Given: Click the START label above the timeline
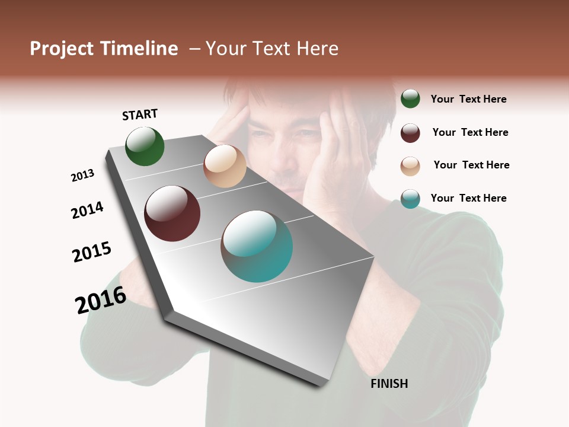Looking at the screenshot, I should pos(140,114).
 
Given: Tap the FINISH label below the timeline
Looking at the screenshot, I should pos(389,384).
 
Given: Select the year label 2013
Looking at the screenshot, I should pos(82,176).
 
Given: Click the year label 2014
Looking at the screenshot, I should pos(87,210).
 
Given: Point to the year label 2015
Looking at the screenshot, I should pos(92,252).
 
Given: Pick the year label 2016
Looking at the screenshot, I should pos(101,300).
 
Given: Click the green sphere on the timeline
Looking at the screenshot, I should pos(145,146).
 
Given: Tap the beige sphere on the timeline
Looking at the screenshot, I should pos(225,166).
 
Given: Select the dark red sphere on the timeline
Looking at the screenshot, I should pos(172,213).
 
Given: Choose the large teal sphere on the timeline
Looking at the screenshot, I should pos(257,246).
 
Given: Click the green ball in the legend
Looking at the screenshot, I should pos(410,98).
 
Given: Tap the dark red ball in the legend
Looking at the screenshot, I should pos(410,132).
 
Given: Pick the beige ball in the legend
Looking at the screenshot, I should pos(410,165).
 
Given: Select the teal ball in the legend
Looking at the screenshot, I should pos(410,199).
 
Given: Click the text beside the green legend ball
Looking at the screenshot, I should pos(468,99).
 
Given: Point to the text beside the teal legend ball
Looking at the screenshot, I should pos(468,198).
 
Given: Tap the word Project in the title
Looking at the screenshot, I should pos(62,49).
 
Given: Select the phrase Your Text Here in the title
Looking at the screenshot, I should pos(272,49).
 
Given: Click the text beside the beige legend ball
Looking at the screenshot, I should pos(471,165).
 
